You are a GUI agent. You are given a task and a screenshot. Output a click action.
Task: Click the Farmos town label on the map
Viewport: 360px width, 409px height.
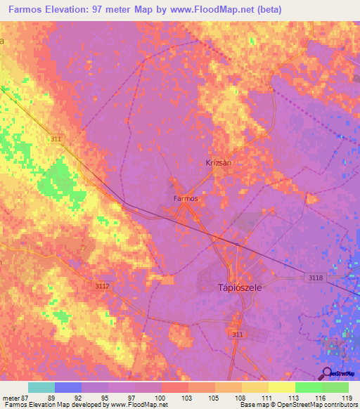186,199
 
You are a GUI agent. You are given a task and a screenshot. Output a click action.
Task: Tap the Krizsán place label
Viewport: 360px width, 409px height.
219,162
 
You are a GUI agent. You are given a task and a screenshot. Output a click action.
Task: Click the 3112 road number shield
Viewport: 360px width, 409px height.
102,286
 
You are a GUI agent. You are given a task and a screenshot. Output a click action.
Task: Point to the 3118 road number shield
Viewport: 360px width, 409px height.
315,278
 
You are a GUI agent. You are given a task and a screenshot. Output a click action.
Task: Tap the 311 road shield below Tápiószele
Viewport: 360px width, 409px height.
238,335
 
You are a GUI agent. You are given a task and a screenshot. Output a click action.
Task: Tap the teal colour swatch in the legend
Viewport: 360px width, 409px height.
41,387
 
